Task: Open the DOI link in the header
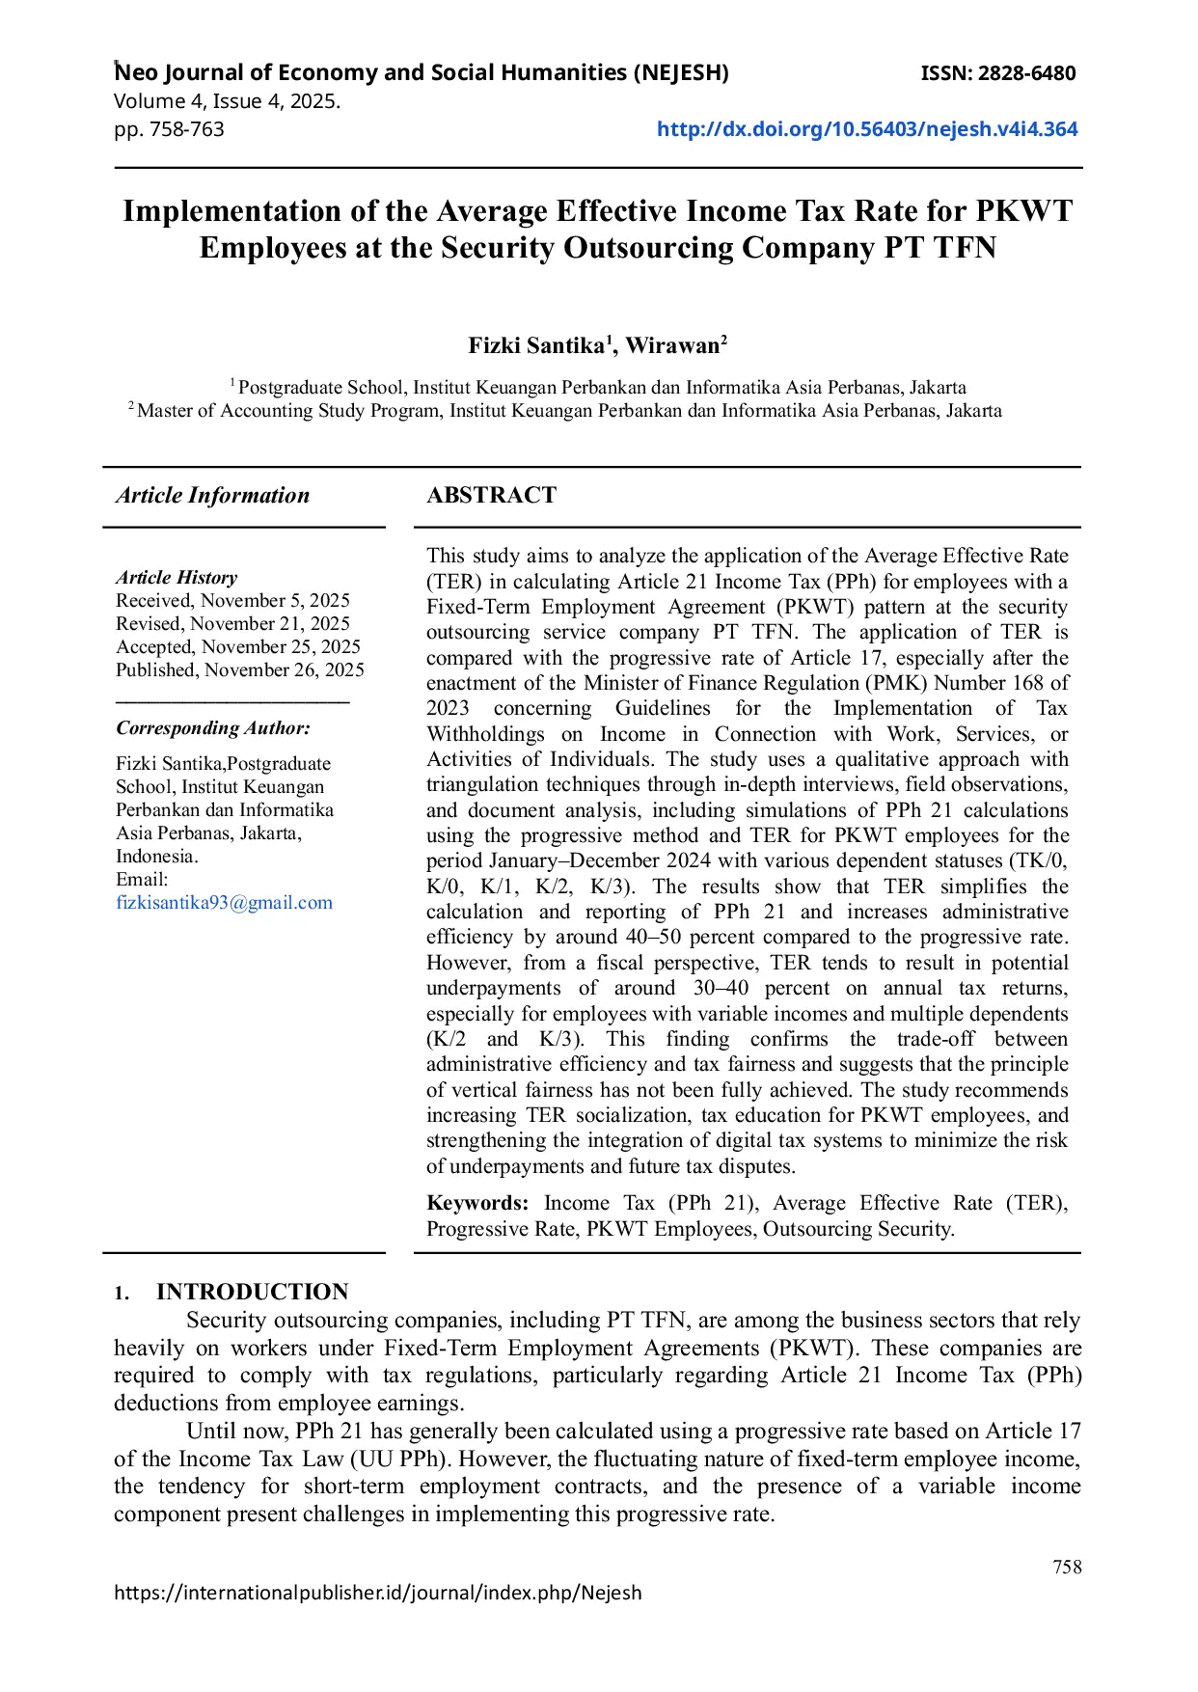[866, 129]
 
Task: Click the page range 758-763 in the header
[187, 129]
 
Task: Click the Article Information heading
[213, 496]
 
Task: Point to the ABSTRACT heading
[491, 496]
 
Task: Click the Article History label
[177, 578]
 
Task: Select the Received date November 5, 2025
[275, 601]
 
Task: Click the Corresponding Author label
[213, 728]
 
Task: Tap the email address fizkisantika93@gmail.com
[224, 903]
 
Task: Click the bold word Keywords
[476, 1203]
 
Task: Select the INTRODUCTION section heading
[252, 1292]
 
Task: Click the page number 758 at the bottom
[1067, 1568]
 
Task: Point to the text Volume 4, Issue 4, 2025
[227, 101]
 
